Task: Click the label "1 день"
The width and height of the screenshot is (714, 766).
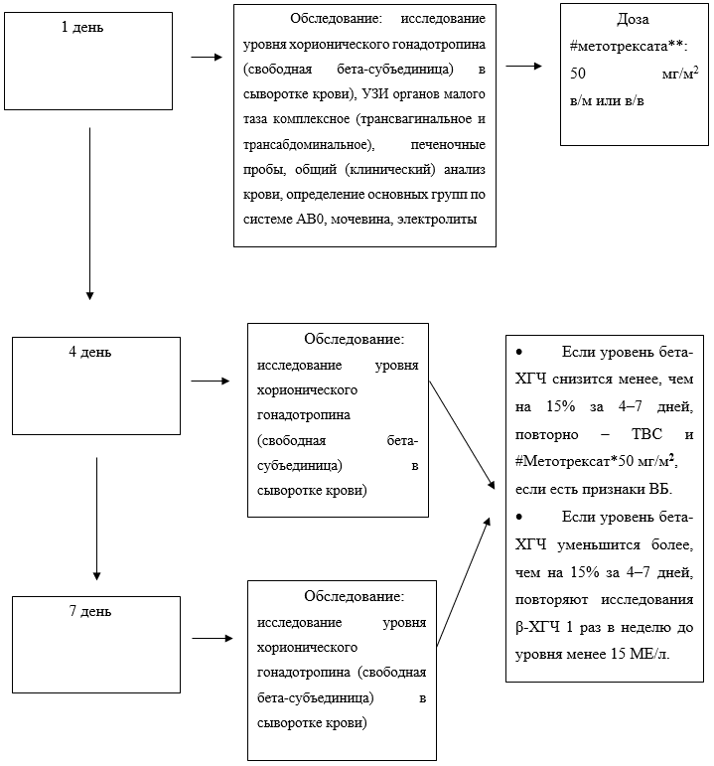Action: [81, 28]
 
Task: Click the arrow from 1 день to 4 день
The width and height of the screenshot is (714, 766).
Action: [90, 213]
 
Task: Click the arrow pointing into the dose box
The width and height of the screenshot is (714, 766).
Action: [524, 67]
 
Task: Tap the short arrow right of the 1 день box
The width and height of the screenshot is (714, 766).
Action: [207, 58]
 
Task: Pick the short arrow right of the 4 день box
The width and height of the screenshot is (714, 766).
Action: [210, 381]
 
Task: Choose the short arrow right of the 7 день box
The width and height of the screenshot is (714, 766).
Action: [210, 639]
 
